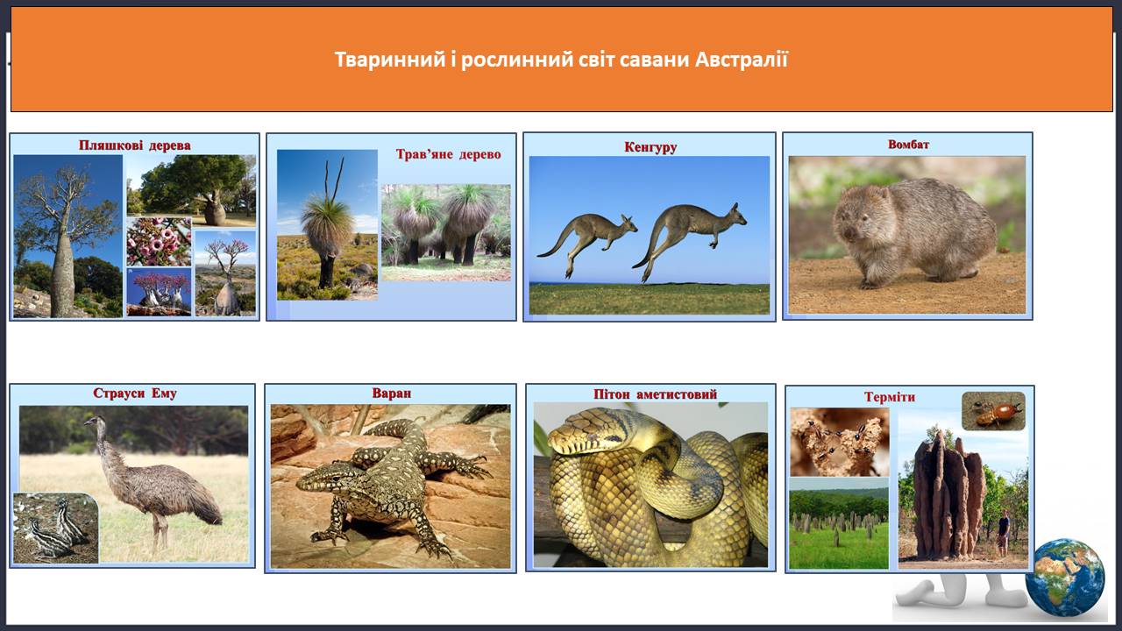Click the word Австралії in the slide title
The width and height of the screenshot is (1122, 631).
742,60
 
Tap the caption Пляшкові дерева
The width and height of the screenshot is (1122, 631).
135,145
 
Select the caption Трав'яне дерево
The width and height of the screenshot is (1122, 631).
448,154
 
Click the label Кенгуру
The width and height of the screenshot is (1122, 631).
650,147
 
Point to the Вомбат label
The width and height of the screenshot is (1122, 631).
908,145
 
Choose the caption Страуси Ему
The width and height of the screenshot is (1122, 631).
135,393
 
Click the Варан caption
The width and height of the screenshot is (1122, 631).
391,393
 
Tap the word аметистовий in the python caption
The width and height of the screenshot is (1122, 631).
677,394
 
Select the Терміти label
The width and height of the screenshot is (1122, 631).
890,397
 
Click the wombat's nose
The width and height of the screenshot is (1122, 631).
844,231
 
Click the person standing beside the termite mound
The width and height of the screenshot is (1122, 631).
1004,532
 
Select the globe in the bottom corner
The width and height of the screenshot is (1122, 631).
1064,578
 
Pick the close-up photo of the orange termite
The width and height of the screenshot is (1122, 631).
993,411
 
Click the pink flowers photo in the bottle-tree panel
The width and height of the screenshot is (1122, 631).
159,241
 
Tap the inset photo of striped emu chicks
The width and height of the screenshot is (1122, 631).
55,528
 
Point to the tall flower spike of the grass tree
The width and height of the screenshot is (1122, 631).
334,178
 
